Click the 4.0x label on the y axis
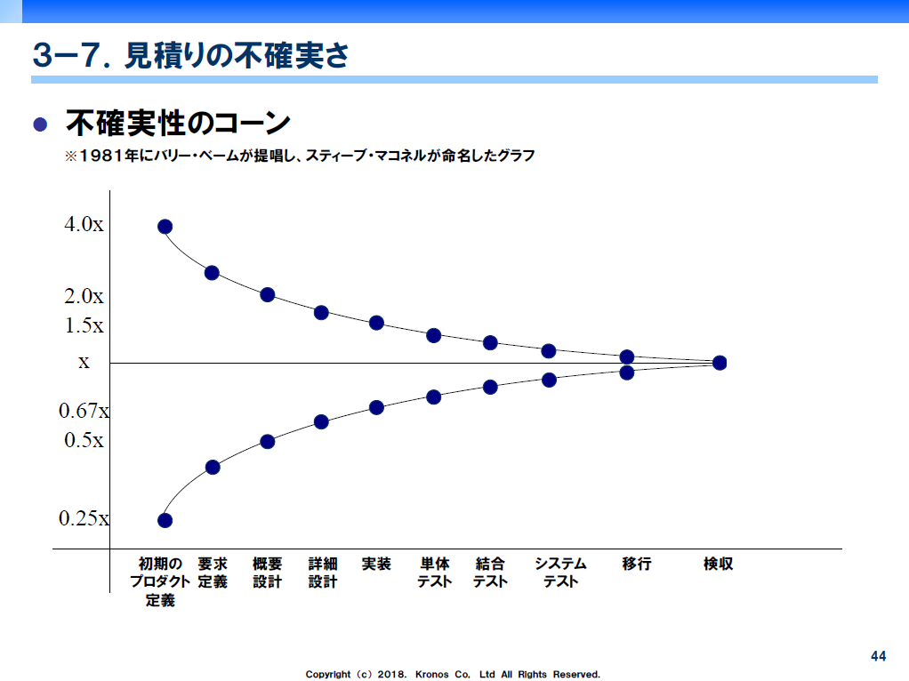84,224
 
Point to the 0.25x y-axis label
84,518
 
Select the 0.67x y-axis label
84,411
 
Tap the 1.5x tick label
84,325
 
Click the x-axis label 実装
376,564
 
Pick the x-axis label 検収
719,564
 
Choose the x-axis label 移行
637,564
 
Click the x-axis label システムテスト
560,573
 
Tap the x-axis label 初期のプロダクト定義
160,582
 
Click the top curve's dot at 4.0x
165,227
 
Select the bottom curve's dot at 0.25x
165,520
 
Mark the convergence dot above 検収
720,363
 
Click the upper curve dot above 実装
377,323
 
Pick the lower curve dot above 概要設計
267,442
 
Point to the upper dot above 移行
627,357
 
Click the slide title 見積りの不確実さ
237,56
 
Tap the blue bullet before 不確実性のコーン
40,124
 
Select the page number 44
878,656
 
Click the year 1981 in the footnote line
101,156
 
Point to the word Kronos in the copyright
432,675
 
